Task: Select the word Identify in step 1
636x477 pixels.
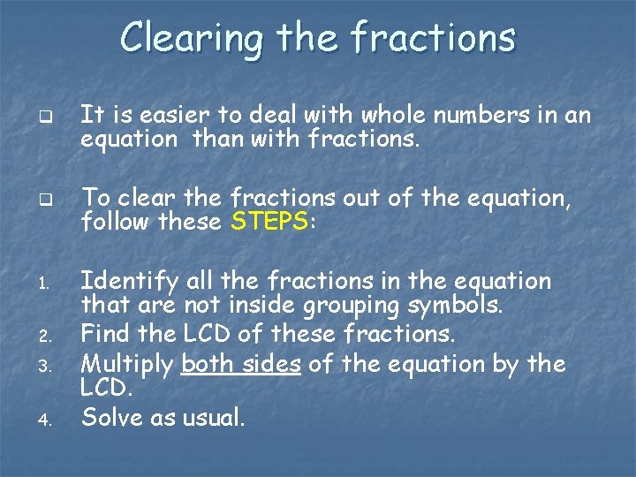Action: point(130,283)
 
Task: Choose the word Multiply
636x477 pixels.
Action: point(127,365)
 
